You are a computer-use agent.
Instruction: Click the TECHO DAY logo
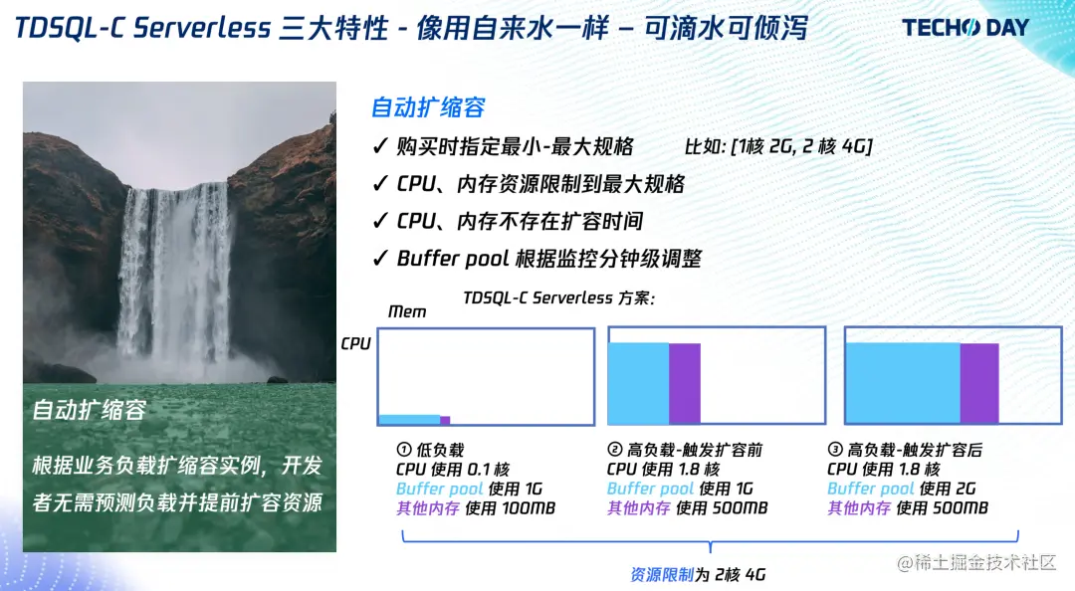coord(966,28)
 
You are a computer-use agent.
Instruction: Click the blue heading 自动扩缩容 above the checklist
coord(428,107)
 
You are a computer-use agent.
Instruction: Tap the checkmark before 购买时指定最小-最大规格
coord(380,145)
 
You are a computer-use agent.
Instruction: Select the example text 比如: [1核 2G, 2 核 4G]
coord(778,146)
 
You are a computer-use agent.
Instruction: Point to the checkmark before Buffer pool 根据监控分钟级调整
coord(380,258)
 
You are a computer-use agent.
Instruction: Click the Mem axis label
coord(407,312)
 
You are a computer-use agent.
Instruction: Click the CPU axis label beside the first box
coord(355,343)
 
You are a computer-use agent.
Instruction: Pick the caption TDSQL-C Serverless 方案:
coord(558,297)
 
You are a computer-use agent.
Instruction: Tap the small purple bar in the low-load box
coord(445,420)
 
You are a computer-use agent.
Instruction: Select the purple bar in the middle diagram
coord(684,383)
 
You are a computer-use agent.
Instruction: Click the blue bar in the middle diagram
coord(638,383)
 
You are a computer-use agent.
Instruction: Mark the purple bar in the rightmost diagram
coord(979,383)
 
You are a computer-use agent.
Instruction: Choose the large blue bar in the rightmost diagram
coord(903,383)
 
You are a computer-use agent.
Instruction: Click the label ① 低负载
coord(431,450)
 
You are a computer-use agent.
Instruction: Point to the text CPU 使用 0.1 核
coord(453,470)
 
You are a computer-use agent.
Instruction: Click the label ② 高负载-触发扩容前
coord(685,450)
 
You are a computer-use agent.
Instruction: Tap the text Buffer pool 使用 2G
coord(902,489)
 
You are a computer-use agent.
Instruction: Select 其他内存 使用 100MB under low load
coord(476,508)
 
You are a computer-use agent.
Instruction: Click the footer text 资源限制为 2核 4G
coord(698,574)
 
